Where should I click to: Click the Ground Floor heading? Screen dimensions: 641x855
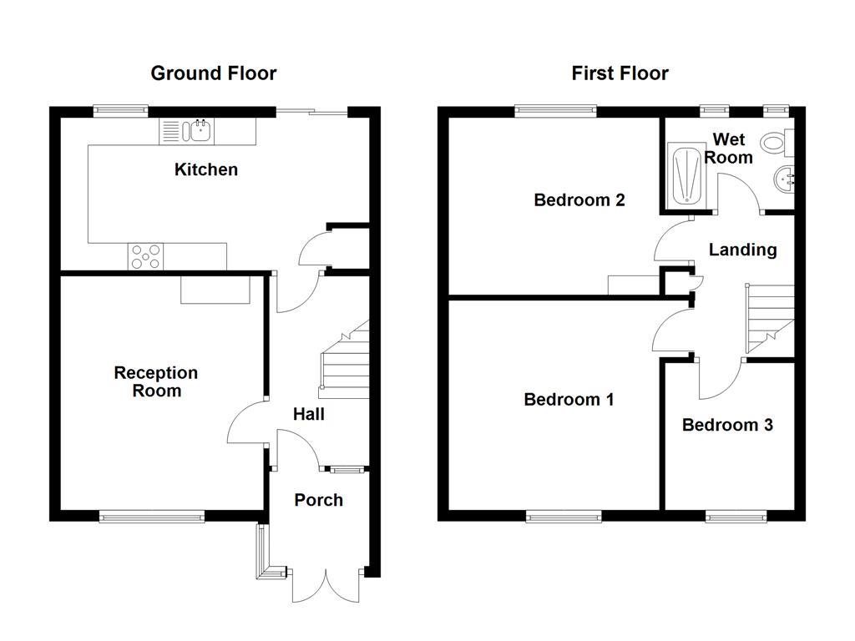[x=213, y=73]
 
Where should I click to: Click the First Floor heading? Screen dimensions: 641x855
[x=620, y=73]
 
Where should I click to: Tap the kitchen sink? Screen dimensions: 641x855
[x=200, y=130]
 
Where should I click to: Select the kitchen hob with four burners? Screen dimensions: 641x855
[x=145, y=256]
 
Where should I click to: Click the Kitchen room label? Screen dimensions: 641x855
[x=205, y=169]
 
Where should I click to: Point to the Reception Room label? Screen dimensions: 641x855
[x=156, y=381]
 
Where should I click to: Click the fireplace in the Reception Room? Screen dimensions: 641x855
[x=215, y=290]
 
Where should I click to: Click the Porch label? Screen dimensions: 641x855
[x=318, y=500]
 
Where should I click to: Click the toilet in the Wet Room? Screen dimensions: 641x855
[x=777, y=143]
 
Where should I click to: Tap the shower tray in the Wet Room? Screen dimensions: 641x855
[x=688, y=175]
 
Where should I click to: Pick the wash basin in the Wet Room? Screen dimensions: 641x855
[x=784, y=179]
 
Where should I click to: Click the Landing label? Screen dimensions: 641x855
[x=742, y=250]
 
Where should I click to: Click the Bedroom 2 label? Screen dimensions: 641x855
[x=579, y=200]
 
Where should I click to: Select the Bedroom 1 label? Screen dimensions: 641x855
[x=569, y=400]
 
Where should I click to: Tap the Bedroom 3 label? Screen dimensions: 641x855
[x=726, y=425]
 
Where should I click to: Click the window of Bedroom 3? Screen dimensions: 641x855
[x=736, y=517]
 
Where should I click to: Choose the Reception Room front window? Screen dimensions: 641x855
[x=151, y=517]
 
